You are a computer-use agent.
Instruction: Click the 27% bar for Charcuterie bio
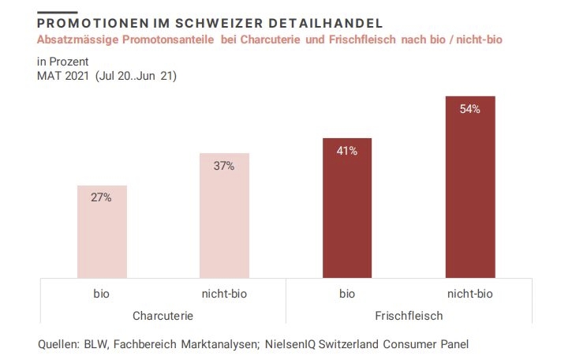point(101,232)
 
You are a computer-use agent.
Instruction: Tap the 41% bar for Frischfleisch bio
point(347,208)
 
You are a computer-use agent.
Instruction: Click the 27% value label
point(101,197)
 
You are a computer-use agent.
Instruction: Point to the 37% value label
point(224,166)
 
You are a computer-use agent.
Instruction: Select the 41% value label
point(347,151)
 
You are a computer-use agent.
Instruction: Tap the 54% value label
point(470,109)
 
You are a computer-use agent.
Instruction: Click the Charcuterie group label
point(163,316)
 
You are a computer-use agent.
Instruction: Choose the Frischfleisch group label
point(408,316)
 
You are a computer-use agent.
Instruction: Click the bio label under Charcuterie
point(101,294)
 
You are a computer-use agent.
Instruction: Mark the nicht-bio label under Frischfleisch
point(470,294)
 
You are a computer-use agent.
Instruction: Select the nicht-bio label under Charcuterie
point(224,294)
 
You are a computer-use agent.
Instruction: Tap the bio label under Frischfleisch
point(347,294)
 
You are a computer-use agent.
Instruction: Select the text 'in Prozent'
point(63,61)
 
